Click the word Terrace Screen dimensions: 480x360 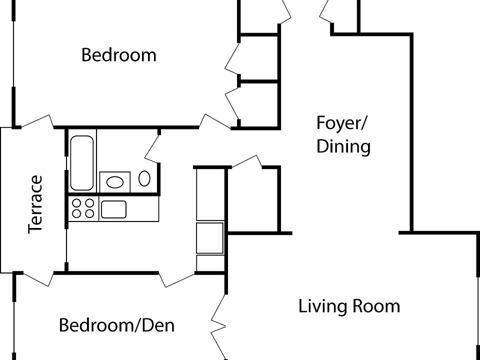(35, 204)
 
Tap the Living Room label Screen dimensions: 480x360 (349, 306)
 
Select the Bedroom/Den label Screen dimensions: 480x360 (117, 325)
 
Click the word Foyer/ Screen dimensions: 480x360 (341, 123)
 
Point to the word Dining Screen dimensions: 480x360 (343, 146)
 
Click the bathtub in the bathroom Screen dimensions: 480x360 (81, 163)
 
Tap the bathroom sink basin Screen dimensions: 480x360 (115, 182)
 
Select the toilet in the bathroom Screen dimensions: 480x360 (144, 178)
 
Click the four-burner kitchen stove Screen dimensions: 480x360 (83, 208)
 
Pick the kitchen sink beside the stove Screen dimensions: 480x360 (113, 209)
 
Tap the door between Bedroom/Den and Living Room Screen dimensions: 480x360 (218, 326)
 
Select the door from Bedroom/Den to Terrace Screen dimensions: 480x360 (38, 279)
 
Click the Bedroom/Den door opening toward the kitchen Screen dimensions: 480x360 (177, 280)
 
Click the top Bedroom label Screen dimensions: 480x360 (119, 55)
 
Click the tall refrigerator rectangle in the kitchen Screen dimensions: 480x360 (210, 194)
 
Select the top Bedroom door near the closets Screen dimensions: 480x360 (215, 121)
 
